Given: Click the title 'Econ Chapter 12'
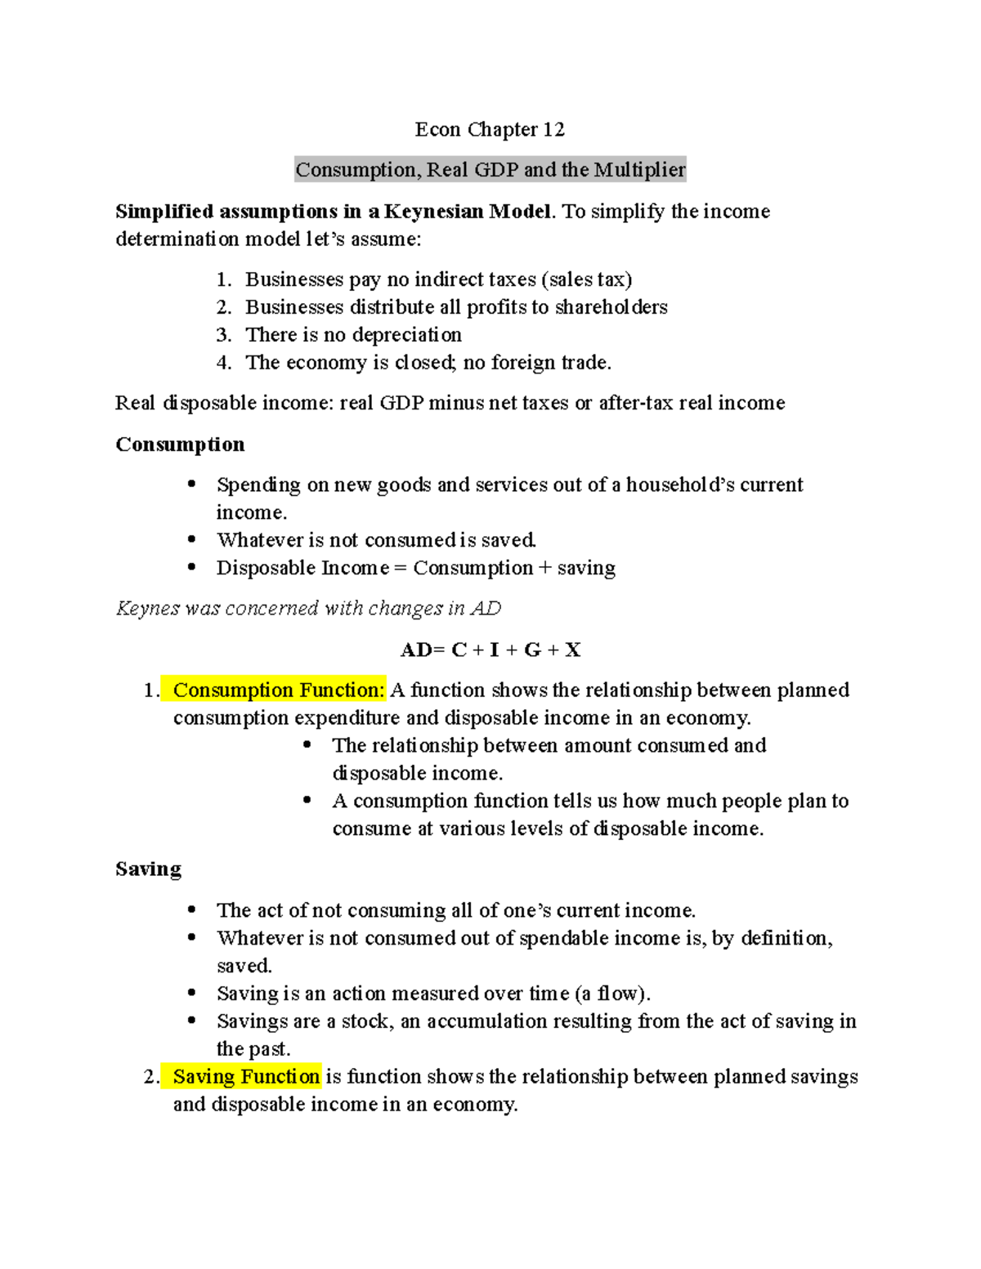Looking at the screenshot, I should [x=489, y=129].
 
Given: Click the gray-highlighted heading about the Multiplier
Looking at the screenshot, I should [x=490, y=170].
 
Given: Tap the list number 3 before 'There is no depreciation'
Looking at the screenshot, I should [x=223, y=335].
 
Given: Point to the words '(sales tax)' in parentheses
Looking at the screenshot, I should [x=586, y=279].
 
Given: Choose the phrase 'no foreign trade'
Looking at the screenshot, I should [x=535, y=363].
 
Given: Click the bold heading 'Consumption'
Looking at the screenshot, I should [x=180, y=445].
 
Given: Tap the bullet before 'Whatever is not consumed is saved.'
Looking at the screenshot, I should [x=192, y=539].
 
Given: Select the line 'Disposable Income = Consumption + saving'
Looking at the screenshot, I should [x=415, y=568].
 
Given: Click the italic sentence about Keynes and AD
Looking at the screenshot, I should [x=308, y=609].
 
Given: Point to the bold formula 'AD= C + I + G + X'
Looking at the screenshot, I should [x=490, y=650].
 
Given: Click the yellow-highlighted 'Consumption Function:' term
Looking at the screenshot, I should [x=278, y=690].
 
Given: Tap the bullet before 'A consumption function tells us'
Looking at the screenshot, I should [x=307, y=801].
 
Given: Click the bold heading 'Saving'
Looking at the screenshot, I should [x=148, y=869].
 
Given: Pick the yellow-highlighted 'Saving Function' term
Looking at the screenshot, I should [x=246, y=1077].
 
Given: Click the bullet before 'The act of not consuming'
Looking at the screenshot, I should [x=192, y=909].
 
